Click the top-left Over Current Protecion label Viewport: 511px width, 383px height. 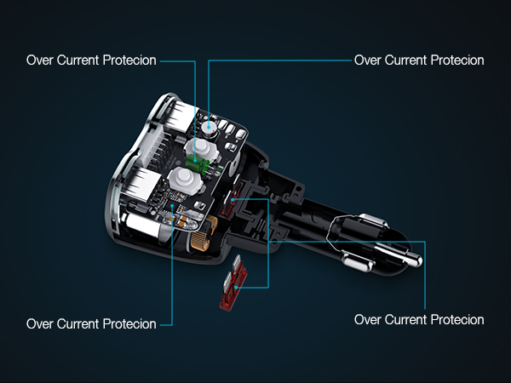click(x=91, y=60)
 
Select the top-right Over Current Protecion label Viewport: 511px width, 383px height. click(x=418, y=60)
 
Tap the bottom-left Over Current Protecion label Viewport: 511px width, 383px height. click(x=91, y=324)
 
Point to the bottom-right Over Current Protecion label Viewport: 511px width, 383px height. click(x=418, y=320)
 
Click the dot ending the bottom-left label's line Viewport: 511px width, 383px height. click(x=173, y=204)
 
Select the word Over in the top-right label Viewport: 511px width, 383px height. click(x=367, y=60)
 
